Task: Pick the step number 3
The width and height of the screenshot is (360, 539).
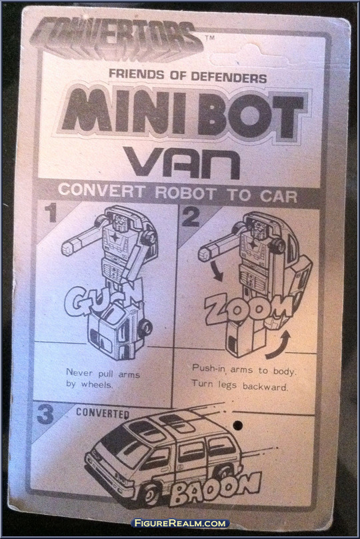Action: [45, 415]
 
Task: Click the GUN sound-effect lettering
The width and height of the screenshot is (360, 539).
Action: [103, 298]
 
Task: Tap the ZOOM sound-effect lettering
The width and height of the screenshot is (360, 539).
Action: [249, 308]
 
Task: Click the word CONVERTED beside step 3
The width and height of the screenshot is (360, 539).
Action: [103, 413]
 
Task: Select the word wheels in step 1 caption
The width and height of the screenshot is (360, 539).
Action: [97, 384]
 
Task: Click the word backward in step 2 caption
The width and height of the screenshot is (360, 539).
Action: [265, 386]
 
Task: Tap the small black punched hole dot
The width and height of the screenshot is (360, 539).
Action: [237, 426]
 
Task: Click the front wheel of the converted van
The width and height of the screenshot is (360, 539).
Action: [149, 494]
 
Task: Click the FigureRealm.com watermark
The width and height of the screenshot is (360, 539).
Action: [181, 523]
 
